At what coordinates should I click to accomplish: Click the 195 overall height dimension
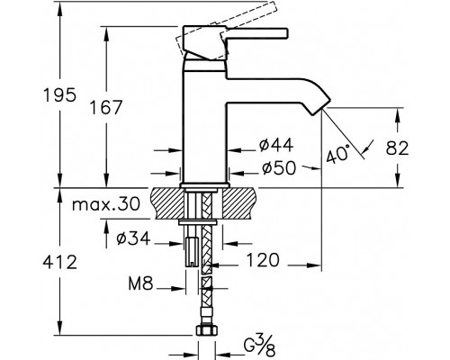click(x=60, y=95)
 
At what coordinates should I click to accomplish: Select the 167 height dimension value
click(x=106, y=107)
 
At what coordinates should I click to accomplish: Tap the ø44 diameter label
click(x=276, y=146)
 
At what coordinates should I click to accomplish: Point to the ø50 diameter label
click(x=279, y=168)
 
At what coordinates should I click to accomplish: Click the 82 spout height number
click(x=398, y=148)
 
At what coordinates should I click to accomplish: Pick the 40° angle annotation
click(x=338, y=154)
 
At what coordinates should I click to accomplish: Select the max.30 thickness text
click(x=106, y=204)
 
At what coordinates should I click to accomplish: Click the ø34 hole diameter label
click(x=133, y=238)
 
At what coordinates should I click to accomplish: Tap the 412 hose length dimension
click(x=60, y=262)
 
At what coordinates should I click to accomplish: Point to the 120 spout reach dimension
click(x=263, y=260)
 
